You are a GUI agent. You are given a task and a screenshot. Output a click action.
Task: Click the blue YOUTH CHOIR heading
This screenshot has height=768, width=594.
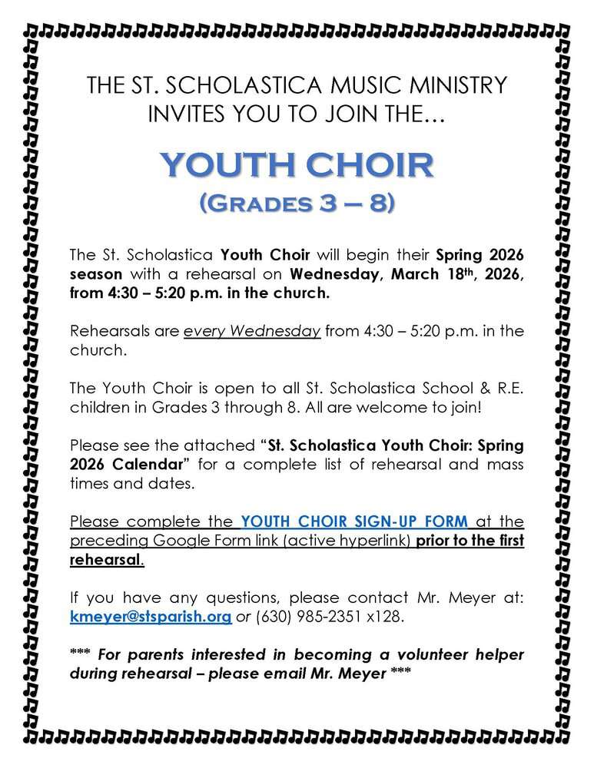pyautogui.click(x=297, y=164)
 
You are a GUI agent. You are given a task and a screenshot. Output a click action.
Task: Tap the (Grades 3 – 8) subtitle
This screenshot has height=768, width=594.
pyautogui.click(x=297, y=204)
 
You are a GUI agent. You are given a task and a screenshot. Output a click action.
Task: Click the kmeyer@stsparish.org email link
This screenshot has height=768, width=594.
pyautogui.click(x=151, y=618)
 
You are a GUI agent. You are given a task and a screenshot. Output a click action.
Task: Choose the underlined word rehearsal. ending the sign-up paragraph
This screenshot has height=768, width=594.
pyautogui.click(x=106, y=560)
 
